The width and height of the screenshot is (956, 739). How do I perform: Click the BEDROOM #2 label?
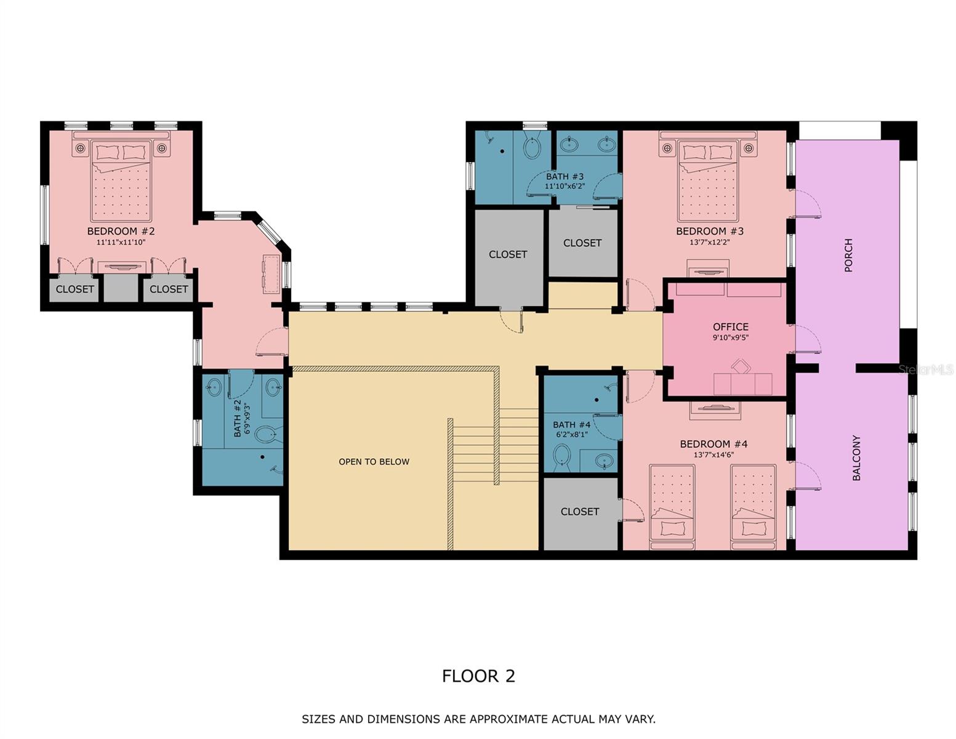click(121, 232)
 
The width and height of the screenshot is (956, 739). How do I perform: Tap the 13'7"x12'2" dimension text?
click(710, 243)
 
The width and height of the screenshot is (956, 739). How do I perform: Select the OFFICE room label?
click(731, 327)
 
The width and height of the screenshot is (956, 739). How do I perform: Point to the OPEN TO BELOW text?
click(374, 462)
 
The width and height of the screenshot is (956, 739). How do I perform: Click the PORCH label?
click(849, 255)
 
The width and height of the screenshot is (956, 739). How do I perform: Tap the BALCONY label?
click(856, 458)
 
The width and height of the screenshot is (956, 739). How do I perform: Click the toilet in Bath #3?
click(531, 147)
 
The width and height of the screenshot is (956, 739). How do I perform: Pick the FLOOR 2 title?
click(478, 676)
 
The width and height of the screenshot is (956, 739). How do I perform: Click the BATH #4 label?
click(571, 425)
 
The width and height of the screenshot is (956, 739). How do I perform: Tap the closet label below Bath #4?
click(580, 512)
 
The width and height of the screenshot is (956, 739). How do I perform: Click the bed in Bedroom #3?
click(708, 182)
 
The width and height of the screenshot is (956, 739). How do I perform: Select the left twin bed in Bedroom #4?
click(672, 505)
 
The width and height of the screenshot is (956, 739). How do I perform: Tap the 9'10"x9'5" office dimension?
click(731, 338)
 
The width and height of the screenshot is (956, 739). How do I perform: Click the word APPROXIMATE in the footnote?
click(508, 719)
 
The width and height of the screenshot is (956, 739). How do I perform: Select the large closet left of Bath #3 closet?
click(508, 255)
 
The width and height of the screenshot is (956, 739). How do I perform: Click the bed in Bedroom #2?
click(121, 182)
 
